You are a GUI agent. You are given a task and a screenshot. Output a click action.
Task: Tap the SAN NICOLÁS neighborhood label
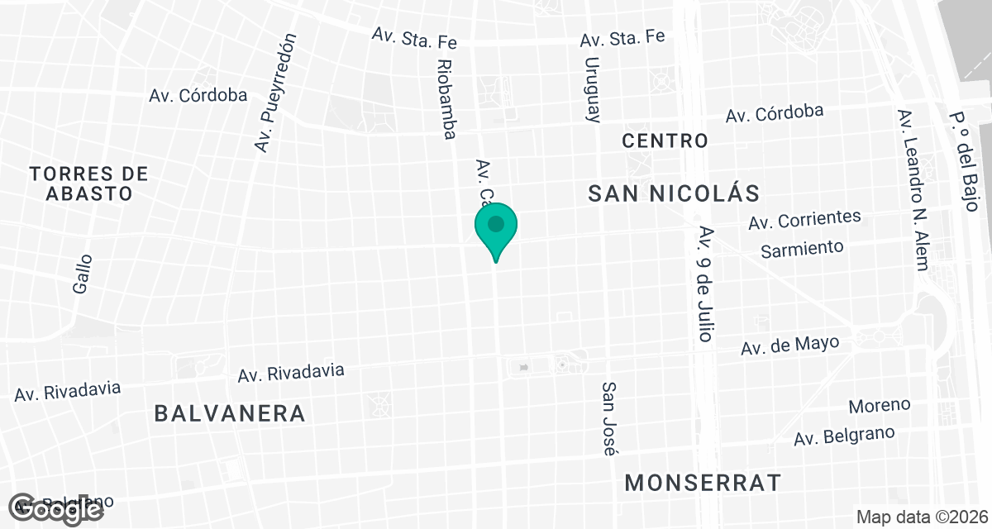point(674,193)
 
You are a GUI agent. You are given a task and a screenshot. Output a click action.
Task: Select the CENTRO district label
point(665,141)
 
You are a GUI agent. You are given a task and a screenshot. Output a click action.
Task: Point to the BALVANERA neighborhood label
point(230,413)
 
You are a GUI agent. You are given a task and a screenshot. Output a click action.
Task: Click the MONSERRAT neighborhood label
point(703,482)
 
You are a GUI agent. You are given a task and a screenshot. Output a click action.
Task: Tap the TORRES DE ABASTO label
point(88,183)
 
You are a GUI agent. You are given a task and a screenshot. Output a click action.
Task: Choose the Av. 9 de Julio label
point(705,284)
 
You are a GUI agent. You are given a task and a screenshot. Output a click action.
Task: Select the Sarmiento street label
point(802,247)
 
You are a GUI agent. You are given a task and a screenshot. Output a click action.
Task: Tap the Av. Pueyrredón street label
point(275,93)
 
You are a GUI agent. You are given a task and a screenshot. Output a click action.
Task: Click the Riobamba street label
point(446,99)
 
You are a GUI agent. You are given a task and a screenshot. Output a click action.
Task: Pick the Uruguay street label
point(592,89)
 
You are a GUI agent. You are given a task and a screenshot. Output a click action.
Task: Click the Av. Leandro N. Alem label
point(913,190)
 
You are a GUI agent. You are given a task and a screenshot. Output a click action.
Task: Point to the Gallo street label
point(82,274)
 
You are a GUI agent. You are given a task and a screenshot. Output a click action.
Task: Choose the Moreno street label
point(880,406)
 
